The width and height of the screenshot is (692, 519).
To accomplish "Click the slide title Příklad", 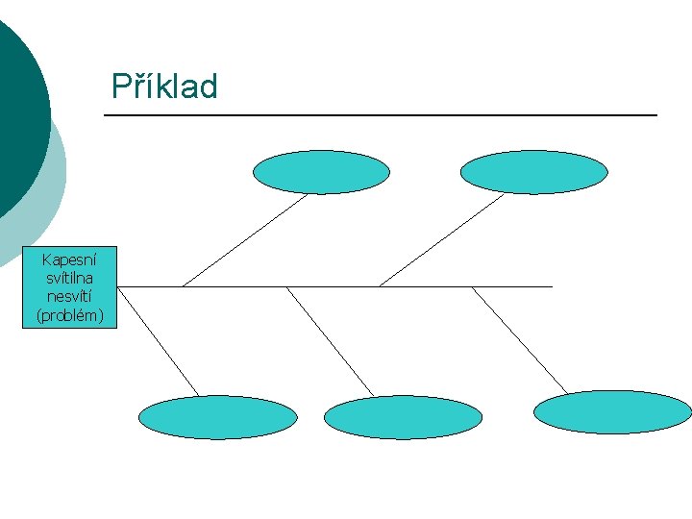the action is click(x=164, y=86).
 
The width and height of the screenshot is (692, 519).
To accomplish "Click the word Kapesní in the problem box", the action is click(x=69, y=259).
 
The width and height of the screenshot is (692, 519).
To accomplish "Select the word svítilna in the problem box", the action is click(x=69, y=278).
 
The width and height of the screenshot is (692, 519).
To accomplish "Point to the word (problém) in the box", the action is click(x=69, y=314).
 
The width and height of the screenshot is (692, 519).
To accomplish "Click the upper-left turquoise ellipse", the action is click(x=321, y=172).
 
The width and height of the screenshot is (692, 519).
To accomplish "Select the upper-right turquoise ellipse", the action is click(x=533, y=172).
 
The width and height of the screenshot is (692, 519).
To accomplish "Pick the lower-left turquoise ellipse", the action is click(x=218, y=417).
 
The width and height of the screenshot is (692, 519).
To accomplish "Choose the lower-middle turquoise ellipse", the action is click(x=403, y=417).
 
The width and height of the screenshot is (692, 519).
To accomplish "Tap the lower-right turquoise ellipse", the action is click(x=612, y=412).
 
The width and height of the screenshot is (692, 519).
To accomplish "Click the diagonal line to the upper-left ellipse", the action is click(x=245, y=240).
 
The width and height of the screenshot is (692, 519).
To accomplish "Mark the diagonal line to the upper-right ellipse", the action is click(x=442, y=240).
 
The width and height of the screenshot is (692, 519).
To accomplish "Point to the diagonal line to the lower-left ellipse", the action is click(x=159, y=341).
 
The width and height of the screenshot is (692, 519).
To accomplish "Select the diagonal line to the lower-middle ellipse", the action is click(x=330, y=341).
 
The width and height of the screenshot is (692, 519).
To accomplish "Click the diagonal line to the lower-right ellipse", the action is click(x=519, y=339).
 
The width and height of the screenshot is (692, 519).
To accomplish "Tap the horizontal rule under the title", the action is click(x=380, y=115).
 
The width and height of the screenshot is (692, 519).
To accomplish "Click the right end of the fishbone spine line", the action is click(x=550, y=286).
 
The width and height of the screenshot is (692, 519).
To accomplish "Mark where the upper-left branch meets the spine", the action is click(x=183, y=286).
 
